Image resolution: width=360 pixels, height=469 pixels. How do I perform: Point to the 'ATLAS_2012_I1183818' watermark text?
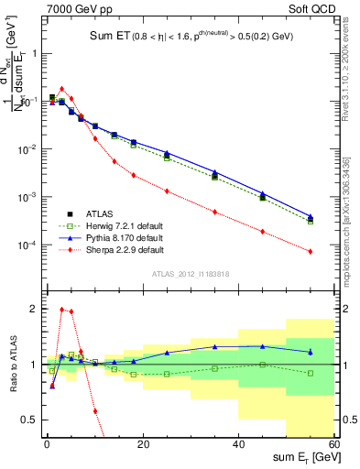pos(191,274)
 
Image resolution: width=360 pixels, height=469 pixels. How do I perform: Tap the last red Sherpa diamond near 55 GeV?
pos(311,251)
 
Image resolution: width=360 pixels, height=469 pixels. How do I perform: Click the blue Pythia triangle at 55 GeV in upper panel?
pos(311,217)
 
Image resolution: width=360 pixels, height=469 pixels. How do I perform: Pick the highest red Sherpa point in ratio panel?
pos(61,310)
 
